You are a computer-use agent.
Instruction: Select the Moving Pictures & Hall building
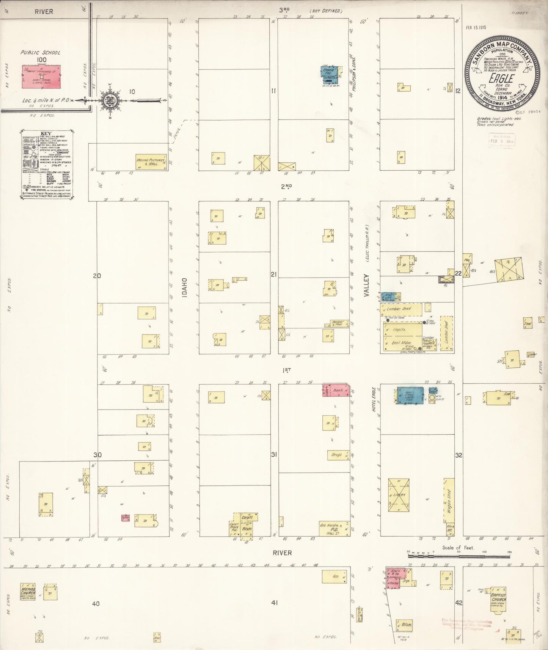click(151, 162)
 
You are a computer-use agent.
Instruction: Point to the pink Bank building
click(336, 390)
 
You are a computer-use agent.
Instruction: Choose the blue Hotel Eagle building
click(410, 396)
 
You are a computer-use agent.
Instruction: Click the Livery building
click(399, 495)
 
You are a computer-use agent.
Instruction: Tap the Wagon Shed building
click(449, 501)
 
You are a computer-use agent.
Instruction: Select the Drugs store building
click(338, 455)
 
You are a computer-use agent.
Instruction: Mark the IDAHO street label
click(184, 287)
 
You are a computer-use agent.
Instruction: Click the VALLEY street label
click(366, 285)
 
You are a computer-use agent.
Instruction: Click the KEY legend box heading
click(46, 133)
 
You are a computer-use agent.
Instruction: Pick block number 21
click(274, 274)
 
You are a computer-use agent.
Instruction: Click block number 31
click(274, 454)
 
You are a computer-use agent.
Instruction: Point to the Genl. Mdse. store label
click(401, 343)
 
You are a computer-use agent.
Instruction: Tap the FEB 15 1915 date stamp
click(476, 27)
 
